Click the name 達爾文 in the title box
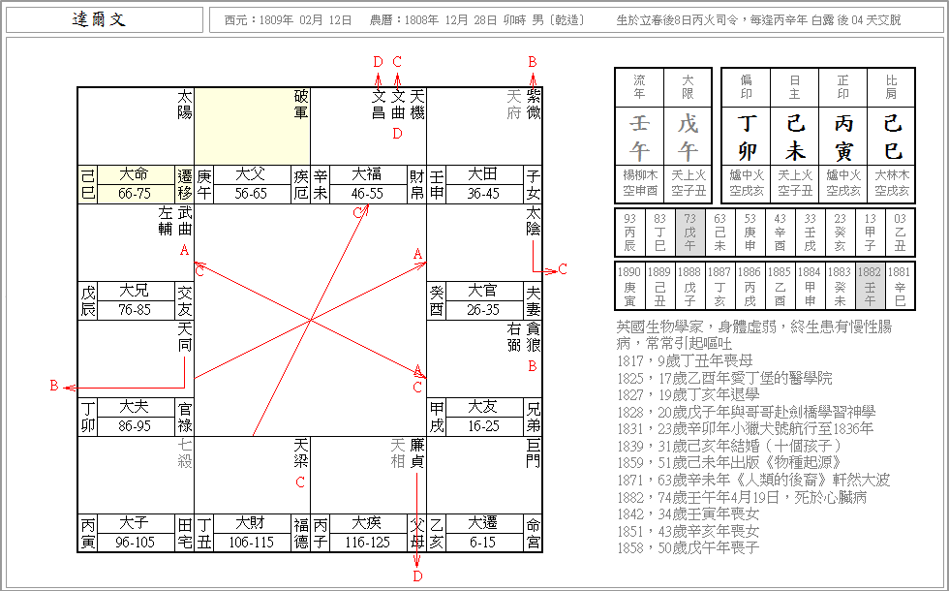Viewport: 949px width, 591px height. pyautogui.click(x=100, y=20)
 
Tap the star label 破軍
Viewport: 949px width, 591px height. pyautogui.click(x=301, y=105)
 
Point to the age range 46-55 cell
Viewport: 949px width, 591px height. pyautogui.click(x=367, y=194)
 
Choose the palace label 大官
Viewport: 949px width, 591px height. pyautogui.click(x=483, y=291)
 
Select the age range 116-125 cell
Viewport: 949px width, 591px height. pyautogui.click(x=367, y=543)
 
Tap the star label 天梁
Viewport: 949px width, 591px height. pyautogui.click(x=301, y=453)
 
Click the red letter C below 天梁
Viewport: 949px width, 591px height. pyautogui.click(x=301, y=482)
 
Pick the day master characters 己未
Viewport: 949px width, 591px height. pyautogui.click(x=795, y=137)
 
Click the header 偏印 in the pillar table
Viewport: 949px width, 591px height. pyautogui.click(x=747, y=87)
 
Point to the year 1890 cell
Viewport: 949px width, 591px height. pyautogui.click(x=630, y=280)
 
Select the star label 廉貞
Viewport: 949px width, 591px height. pyautogui.click(x=417, y=453)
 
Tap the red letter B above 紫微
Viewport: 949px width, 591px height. pyautogui.click(x=533, y=61)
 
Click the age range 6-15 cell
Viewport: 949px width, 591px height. pyautogui.click(x=483, y=543)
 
